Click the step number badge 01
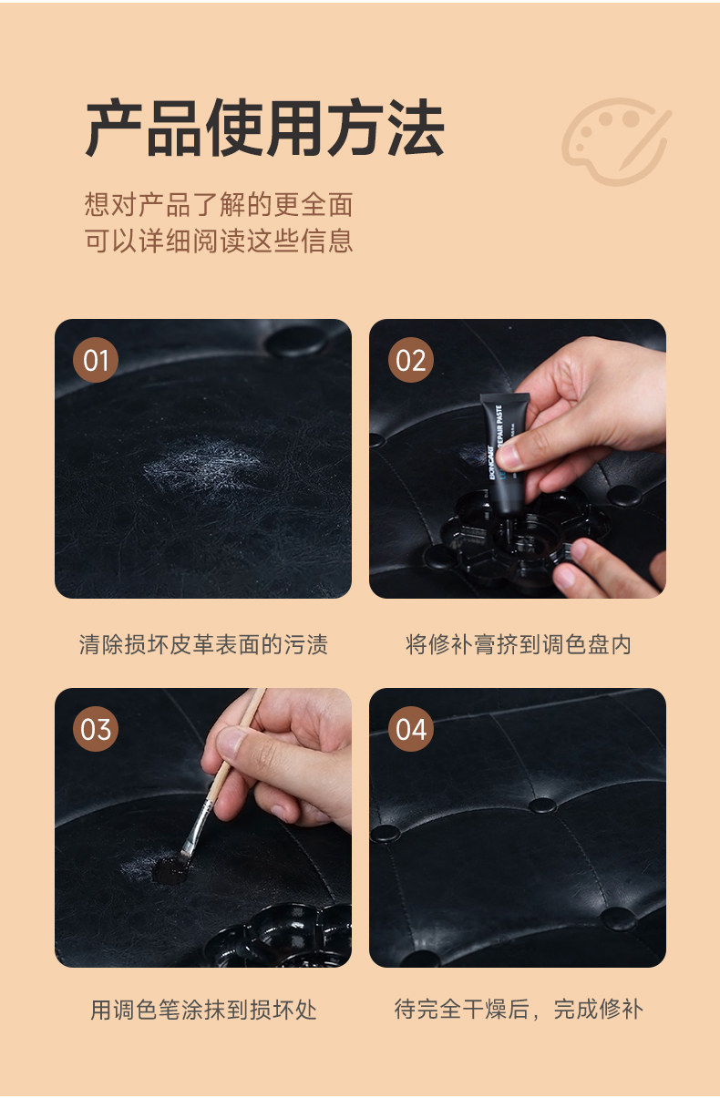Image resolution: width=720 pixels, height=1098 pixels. [x=96, y=360]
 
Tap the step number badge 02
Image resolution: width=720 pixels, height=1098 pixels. [x=411, y=360]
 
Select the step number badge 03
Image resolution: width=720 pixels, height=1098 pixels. [x=96, y=729]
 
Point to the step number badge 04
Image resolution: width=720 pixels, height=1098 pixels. [x=411, y=729]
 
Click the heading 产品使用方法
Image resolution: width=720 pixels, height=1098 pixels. [x=264, y=128]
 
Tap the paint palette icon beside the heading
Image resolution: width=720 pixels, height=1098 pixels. [x=615, y=141]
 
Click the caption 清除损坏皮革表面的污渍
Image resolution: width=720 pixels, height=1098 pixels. [x=203, y=644]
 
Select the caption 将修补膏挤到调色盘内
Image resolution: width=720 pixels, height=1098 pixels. [x=518, y=644]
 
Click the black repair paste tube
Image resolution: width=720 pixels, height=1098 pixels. [x=505, y=454]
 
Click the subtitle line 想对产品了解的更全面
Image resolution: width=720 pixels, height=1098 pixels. [x=219, y=204]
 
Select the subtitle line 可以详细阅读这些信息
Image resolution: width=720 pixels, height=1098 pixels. [x=219, y=241]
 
